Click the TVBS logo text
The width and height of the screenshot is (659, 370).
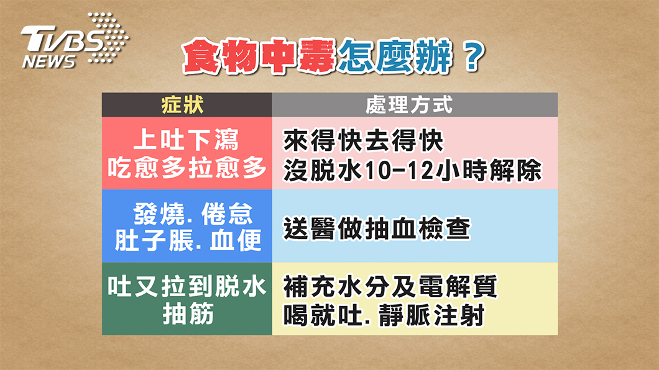(63, 38)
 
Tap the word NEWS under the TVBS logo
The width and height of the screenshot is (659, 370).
(48, 61)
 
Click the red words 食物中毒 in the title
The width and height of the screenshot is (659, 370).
(259, 56)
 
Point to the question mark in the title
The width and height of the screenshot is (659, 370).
(473, 56)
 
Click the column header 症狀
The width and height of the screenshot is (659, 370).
(183, 104)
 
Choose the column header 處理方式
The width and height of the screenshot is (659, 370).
(409, 104)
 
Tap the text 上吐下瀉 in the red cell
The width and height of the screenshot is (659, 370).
(187, 139)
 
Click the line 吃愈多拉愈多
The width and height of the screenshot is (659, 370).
(187, 168)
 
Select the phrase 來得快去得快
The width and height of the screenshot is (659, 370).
(364, 140)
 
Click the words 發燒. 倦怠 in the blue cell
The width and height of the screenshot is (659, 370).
(193, 214)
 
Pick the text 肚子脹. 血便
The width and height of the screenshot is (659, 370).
(188, 240)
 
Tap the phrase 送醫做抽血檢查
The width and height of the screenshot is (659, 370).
(377, 228)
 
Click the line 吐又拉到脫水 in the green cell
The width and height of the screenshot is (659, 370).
(187, 286)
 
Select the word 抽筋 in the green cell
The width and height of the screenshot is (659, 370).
(188, 314)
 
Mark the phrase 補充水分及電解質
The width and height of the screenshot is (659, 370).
(390, 286)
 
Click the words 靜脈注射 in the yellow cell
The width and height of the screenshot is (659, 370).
(431, 315)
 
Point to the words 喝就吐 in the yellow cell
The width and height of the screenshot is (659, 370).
(323, 315)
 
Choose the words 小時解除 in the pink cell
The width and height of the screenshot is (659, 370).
(489, 170)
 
